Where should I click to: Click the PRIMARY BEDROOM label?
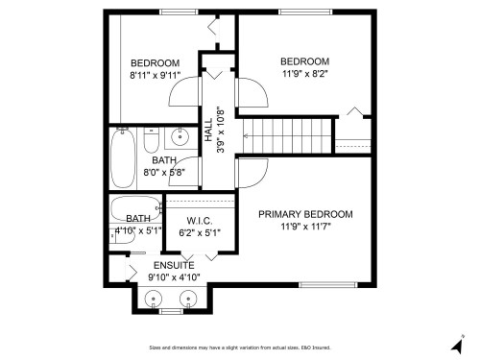pyautogui.click(x=305, y=214)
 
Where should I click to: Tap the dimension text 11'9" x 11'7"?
pyautogui.click(x=305, y=227)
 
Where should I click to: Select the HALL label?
pyautogui.click(x=208, y=131)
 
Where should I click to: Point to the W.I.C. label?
pyautogui.click(x=200, y=221)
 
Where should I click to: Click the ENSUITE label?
pyautogui.click(x=173, y=264)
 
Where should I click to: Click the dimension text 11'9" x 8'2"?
pyautogui.click(x=305, y=72)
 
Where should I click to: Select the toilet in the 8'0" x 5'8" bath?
pyautogui.click(x=151, y=142)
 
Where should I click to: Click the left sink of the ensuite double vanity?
pyautogui.click(x=153, y=298)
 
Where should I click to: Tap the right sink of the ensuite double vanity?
pyautogui.click(x=186, y=298)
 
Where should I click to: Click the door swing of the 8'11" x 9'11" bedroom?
pyautogui.click(x=182, y=94)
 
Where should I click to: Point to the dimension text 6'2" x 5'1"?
pyautogui.click(x=200, y=233)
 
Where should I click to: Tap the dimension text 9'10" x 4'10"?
pyautogui.click(x=173, y=276)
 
